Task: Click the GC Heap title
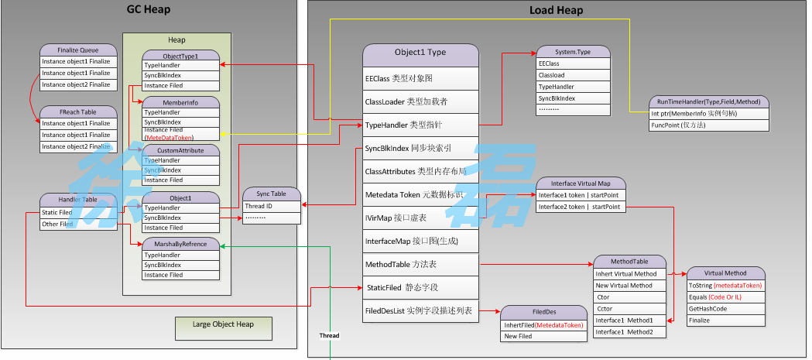point(148,10)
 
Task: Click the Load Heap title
point(556,11)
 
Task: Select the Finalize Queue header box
point(78,50)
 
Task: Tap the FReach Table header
point(78,112)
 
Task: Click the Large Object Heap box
point(222,324)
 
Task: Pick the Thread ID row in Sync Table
point(270,207)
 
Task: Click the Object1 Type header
point(420,53)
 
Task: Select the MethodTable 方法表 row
point(420,265)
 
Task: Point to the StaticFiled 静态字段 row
point(420,287)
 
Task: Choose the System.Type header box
point(574,52)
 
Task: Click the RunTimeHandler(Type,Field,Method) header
point(708,102)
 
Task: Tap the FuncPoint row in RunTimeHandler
point(708,125)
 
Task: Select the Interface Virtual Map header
point(581,183)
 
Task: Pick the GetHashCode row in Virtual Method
point(726,308)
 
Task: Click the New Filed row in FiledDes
point(544,337)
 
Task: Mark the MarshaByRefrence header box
point(181,244)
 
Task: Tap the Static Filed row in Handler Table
point(78,212)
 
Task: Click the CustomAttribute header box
point(181,150)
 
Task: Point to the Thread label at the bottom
point(330,336)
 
